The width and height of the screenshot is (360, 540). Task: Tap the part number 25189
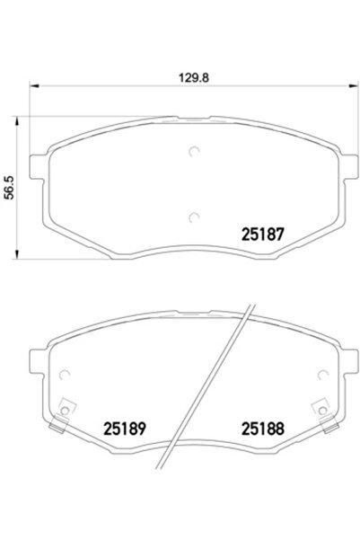pos(123,429)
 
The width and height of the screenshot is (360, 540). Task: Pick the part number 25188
pos(262,429)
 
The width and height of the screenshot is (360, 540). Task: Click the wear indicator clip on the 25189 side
pos(65,411)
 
